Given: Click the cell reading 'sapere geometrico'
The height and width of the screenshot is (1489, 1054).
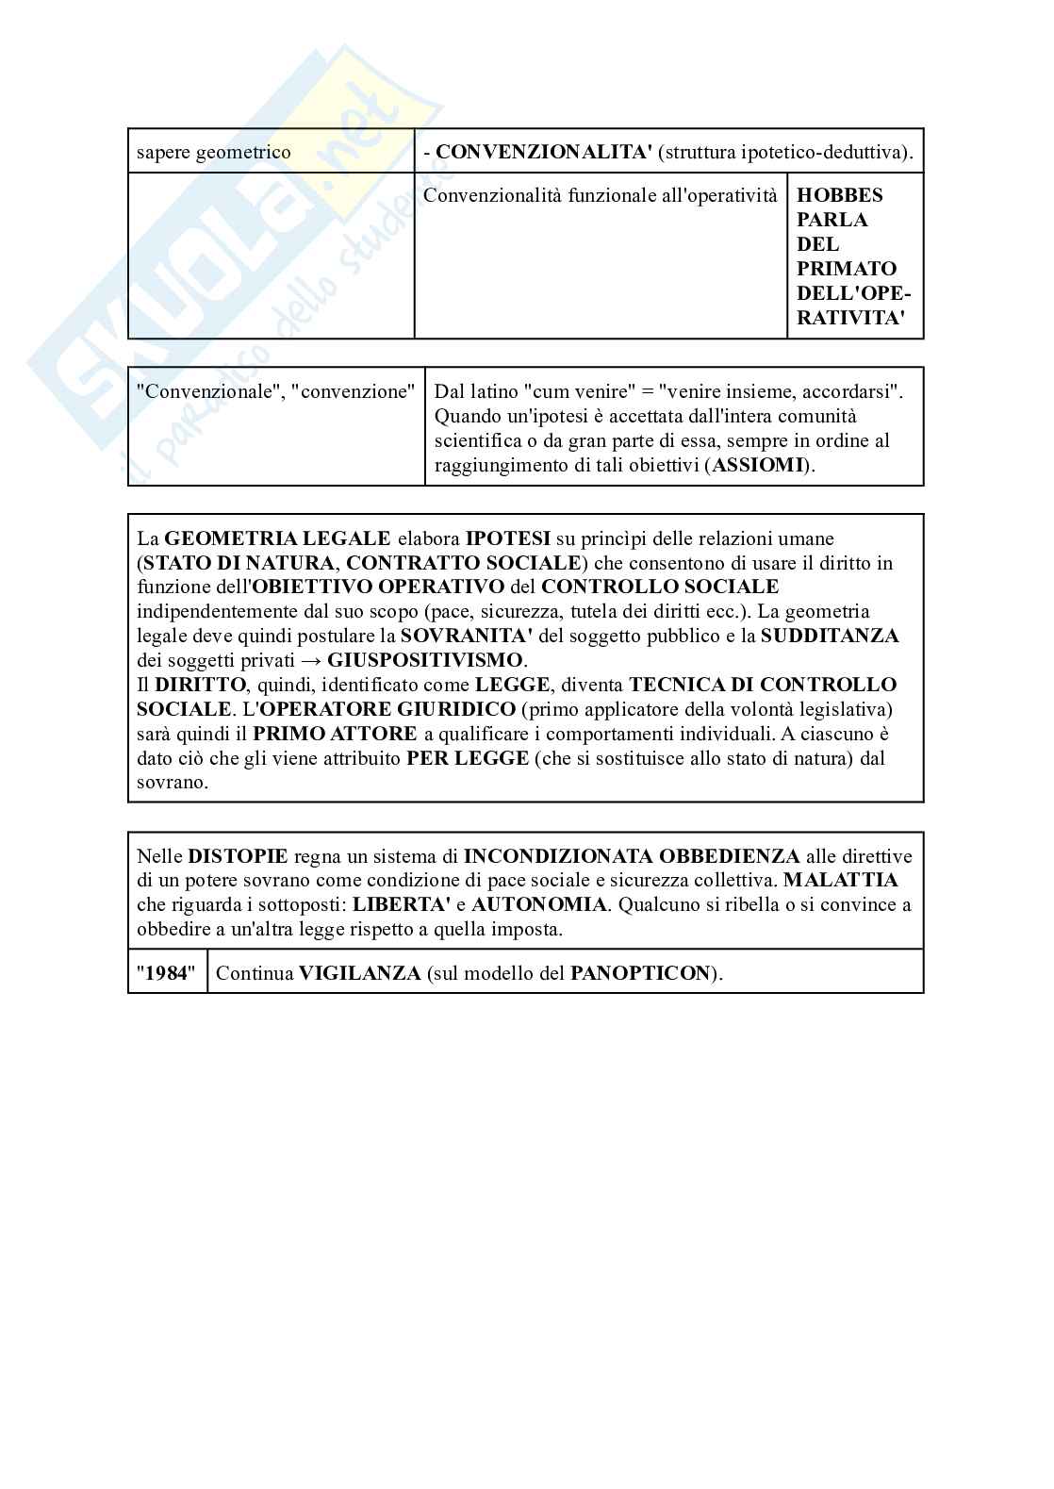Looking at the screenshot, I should click(x=214, y=152).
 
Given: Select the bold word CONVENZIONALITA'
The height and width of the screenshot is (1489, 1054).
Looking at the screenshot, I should click(x=544, y=152).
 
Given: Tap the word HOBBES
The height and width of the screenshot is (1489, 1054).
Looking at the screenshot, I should click(x=840, y=195).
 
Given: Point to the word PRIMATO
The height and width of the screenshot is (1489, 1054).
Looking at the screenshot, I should click(x=847, y=269).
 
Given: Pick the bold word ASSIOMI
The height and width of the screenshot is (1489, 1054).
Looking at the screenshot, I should click(x=759, y=465).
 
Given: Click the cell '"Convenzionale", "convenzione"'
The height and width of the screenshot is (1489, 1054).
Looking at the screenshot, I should click(x=275, y=391).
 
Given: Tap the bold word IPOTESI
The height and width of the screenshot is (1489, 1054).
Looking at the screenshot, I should click(x=507, y=538).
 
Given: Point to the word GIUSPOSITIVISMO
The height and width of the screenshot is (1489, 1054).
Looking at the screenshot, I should click(x=424, y=660).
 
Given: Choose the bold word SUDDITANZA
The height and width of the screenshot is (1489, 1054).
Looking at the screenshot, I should click(x=830, y=636).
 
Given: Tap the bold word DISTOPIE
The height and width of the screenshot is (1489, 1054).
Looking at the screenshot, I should click(x=238, y=856).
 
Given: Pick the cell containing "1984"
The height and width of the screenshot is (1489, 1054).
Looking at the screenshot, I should click(x=167, y=973).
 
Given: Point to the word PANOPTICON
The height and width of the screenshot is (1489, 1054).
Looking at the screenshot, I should click(x=639, y=973).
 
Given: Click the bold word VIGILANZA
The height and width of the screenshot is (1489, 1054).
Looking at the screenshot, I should click(x=359, y=973).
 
